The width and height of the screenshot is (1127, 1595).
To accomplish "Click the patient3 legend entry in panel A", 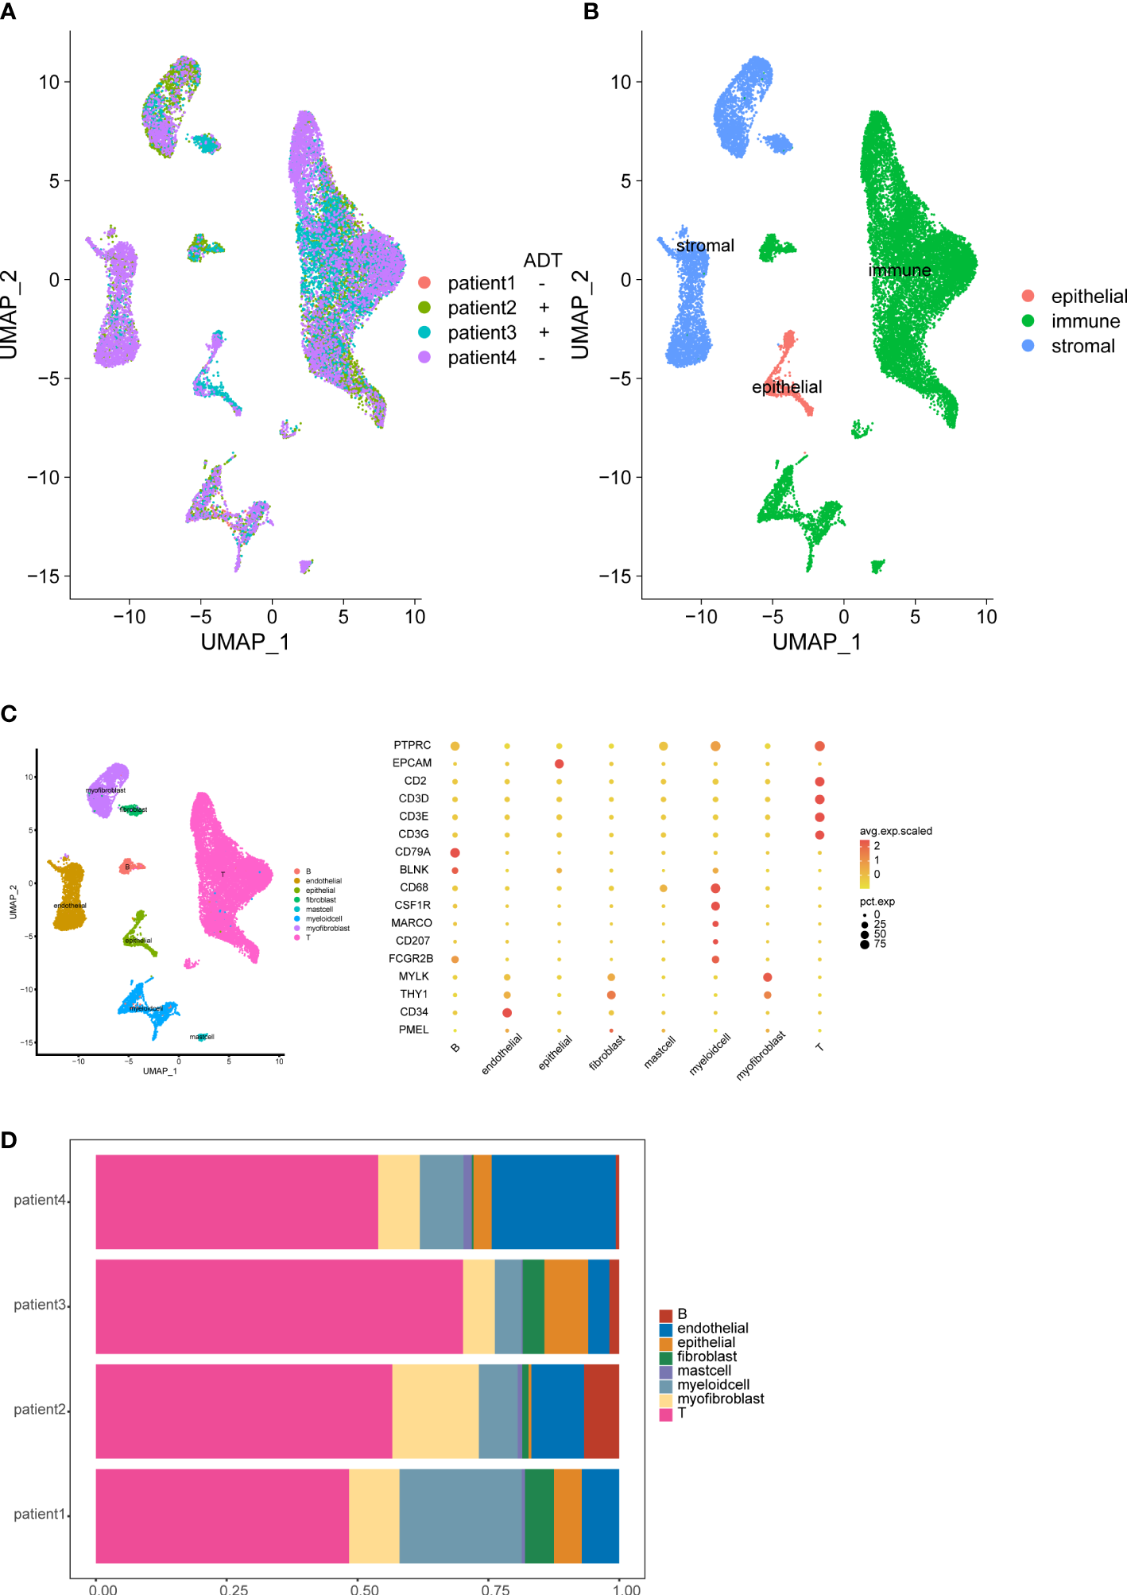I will click(482, 332).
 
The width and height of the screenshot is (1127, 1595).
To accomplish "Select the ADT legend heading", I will click(543, 261).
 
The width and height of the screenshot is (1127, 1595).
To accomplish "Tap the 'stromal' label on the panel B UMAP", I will click(705, 246).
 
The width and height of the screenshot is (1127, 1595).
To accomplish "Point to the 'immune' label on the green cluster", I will click(900, 270).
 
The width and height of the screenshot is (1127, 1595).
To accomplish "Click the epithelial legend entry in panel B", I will click(1088, 297).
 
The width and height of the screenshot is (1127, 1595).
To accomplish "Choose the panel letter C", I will click(9, 714).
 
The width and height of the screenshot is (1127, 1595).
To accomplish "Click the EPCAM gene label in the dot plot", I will click(412, 763).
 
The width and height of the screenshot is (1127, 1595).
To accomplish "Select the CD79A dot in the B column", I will click(455, 852).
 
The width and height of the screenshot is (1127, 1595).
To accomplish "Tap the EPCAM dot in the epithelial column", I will click(560, 763).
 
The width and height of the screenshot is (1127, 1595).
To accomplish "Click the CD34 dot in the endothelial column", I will click(507, 1012).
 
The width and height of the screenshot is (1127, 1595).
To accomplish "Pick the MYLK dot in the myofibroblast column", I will click(767, 976).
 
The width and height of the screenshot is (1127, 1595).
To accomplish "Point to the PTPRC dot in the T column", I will click(819, 746).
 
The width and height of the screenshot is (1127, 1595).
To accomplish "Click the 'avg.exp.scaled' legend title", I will click(896, 831).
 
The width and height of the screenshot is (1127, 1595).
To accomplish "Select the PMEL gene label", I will click(413, 1030).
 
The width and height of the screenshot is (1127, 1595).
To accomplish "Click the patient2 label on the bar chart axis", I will click(40, 1410).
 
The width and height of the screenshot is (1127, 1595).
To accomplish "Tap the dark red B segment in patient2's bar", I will click(601, 1411).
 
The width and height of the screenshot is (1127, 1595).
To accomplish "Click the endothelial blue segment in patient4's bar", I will click(553, 1201).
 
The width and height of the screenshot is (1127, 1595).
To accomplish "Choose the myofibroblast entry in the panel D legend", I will click(720, 1399).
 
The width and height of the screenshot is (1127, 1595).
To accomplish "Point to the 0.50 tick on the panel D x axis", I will click(365, 1589).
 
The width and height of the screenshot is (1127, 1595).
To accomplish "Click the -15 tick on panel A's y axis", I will click(44, 576).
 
